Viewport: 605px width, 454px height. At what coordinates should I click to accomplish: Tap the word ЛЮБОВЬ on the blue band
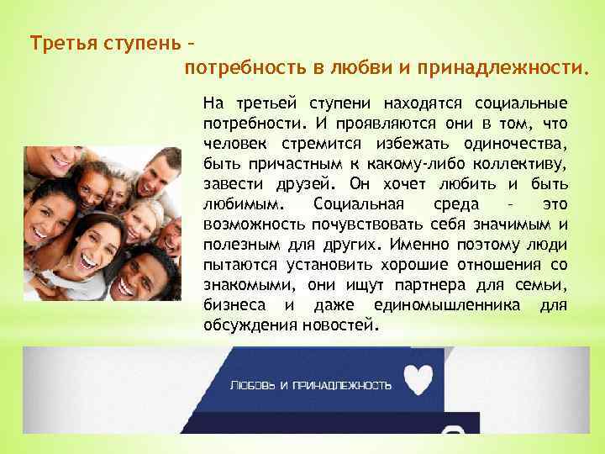(253, 385)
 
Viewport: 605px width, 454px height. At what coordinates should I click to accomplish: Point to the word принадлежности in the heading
(515, 66)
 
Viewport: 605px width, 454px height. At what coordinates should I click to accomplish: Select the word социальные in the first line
(521, 104)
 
